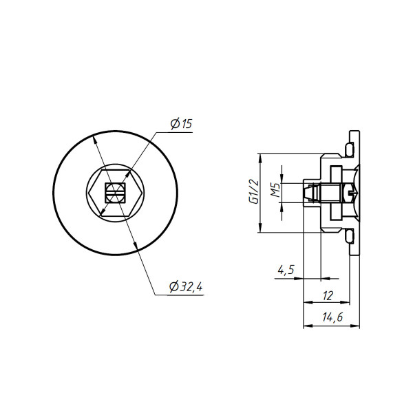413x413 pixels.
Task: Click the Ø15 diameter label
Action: click(182, 123)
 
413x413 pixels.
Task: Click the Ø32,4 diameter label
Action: click(186, 286)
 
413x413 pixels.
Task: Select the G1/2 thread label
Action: click(253, 191)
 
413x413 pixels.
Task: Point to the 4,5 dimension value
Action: click(286, 270)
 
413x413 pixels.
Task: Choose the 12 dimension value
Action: click(328, 296)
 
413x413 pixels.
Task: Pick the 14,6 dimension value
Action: click(332, 317)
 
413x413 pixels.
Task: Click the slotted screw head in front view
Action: click(115, 193)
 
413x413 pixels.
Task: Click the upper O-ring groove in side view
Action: click(350, 149)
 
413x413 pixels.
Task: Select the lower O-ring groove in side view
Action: click(350, 236)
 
